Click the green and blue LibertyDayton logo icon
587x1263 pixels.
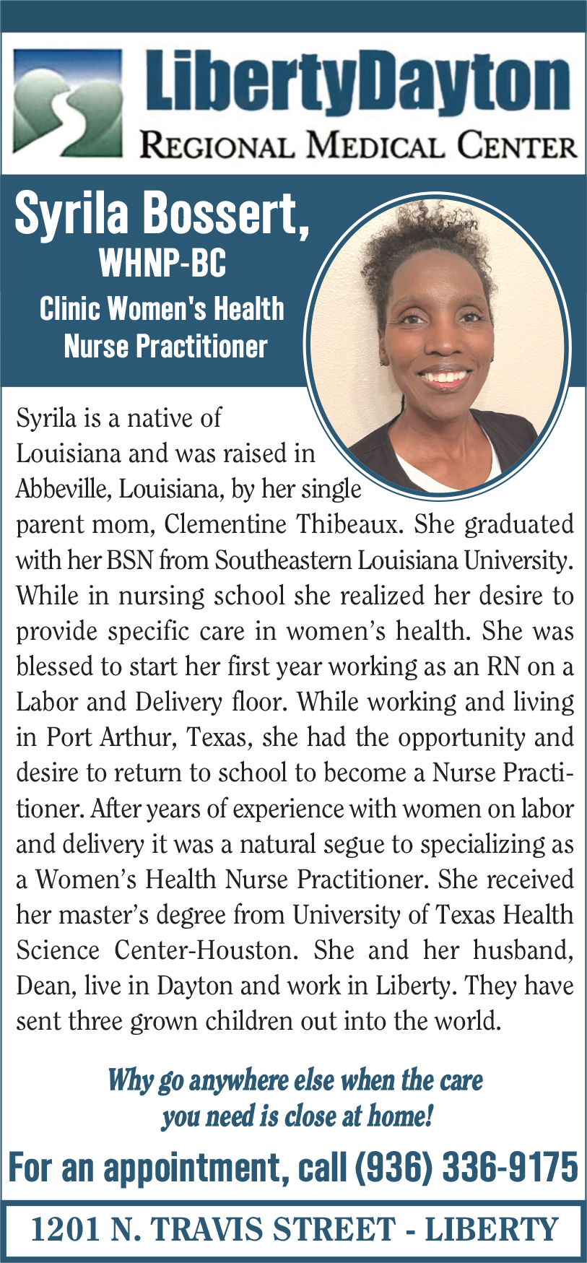tap(67, 103)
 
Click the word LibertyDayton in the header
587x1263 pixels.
tap(358, 84)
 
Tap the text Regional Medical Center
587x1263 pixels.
tap(358, 146)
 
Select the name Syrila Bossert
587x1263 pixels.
tap(162, 214)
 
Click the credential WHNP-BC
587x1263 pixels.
tap(162, 263)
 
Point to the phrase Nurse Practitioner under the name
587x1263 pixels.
tap(165, 347)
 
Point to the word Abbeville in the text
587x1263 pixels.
tap(63, 490)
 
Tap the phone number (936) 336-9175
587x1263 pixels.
tap(466, 1168)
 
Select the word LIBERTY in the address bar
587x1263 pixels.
tap(492, 1230)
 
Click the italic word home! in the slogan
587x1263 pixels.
tap(400, 1116)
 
